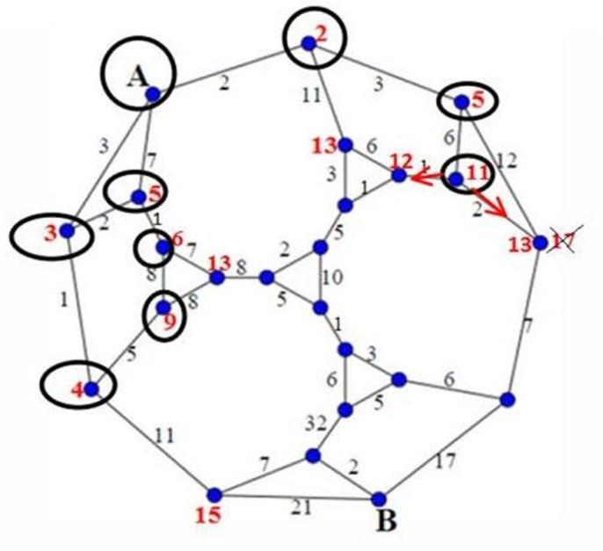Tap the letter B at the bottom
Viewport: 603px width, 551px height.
tap(386, 521)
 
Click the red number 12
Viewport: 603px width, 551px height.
tap(401, 161)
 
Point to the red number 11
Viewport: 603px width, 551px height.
tap(477, 171)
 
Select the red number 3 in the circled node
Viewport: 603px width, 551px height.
tap(51, 232)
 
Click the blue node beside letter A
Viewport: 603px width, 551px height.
tap(152, 93)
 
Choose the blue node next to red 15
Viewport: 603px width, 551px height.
tap(213, 493)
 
